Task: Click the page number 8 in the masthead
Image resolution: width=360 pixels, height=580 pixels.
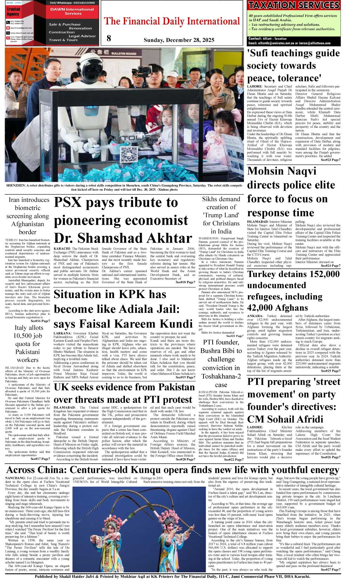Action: coord(109,38)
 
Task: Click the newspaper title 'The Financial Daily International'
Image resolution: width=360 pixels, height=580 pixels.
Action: coord(172,21)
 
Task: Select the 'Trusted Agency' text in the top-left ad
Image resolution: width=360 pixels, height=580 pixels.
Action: coord(13,12)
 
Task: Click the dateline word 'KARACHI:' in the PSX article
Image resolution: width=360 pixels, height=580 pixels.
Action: coord(62,249)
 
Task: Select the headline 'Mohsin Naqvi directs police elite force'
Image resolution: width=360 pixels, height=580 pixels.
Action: coord(291,192)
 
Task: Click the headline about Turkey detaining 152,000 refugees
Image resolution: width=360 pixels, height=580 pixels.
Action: coord(293,291)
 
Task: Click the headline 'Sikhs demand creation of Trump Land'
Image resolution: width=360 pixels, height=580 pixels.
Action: coord(221,215)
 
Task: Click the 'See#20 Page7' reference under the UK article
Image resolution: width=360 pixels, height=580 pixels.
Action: coord(185,459)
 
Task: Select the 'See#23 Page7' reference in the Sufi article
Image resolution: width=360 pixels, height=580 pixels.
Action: coord(331,160)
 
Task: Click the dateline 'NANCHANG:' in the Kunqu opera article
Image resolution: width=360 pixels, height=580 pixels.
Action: coord(15,478)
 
